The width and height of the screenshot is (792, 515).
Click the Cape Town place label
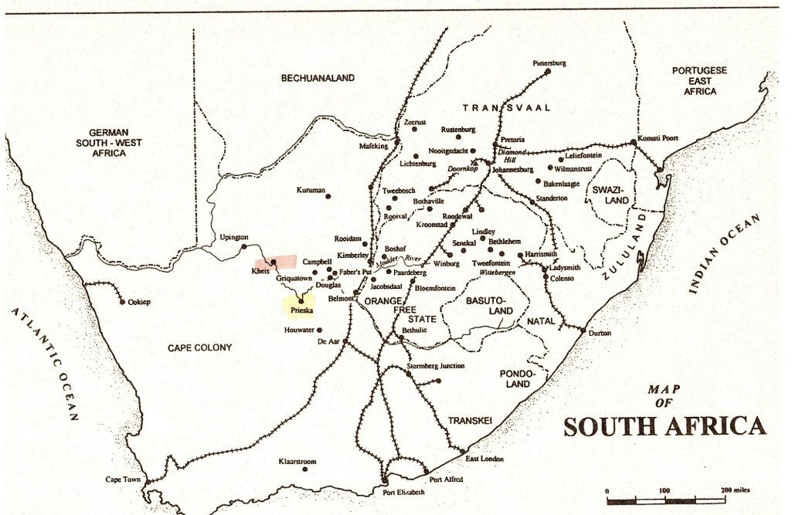[123, 479]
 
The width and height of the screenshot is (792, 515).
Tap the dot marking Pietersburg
[548, 71]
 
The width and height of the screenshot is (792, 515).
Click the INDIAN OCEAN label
[723, 254]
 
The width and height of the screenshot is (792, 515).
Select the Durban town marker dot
[582, 330]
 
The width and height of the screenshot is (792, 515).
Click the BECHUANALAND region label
[317, 78]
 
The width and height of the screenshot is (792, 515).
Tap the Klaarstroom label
[297, 462]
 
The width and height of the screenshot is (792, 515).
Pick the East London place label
[484, 459]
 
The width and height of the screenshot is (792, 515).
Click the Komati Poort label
[658, 138]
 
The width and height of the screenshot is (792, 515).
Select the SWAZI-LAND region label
[611, 195]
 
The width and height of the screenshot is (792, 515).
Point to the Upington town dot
[243, 246]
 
